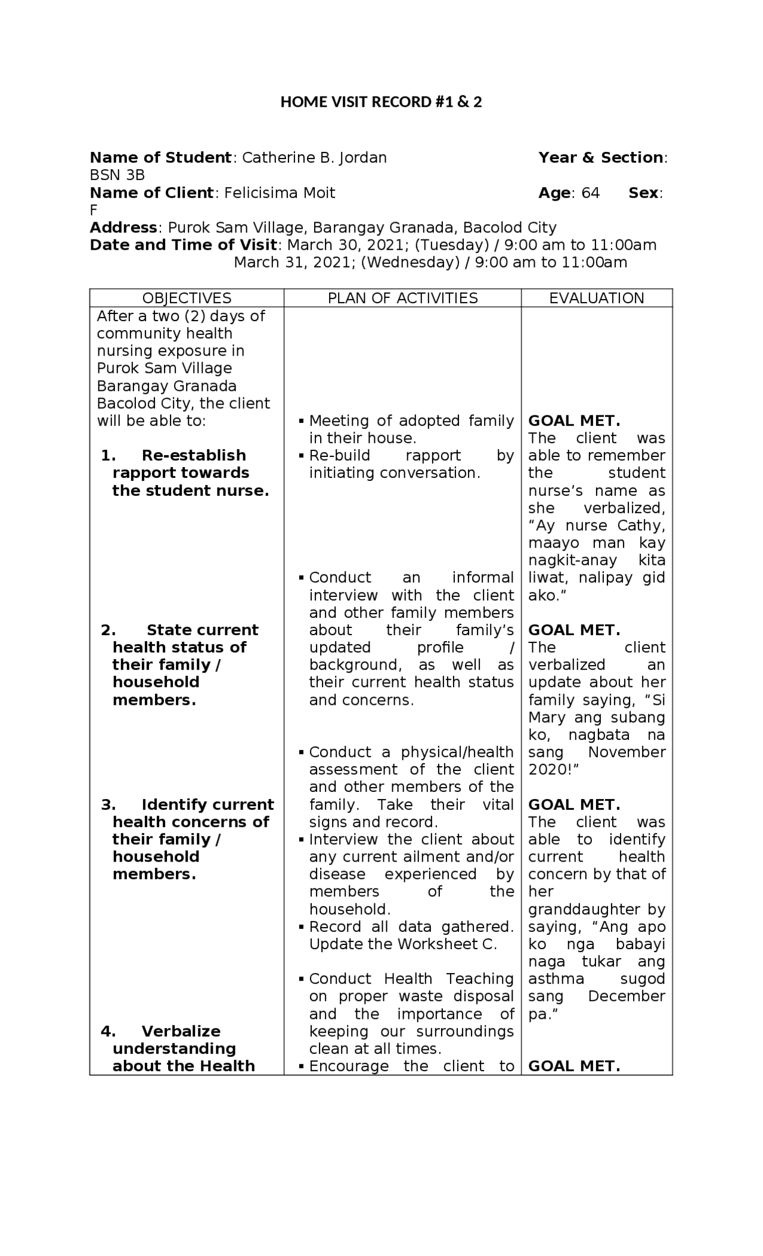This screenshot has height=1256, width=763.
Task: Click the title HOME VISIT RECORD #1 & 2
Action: click(x=381, y=102)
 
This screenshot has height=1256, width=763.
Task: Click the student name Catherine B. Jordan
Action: click(x=314, y=158)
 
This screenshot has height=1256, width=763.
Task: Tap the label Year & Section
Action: click(x=601, y=158)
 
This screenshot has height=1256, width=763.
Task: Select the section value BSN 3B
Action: click(x=117, y=175)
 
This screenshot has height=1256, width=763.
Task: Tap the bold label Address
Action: click(x=123, y=228)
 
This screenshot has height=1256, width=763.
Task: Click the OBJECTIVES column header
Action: click(x=187, y=298)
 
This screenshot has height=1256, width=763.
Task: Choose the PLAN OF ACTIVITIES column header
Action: click(x=403, y=298)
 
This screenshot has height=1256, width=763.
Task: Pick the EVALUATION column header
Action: click(x=597, y=298)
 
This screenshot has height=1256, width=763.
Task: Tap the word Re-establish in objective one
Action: click(x=194, y=456)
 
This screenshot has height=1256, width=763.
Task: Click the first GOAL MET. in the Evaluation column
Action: click(x=574, y=421)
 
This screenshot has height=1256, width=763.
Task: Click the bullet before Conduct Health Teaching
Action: click(x=302, y=979)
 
